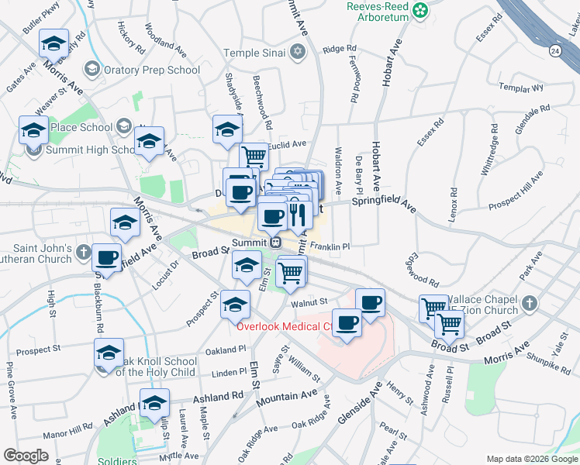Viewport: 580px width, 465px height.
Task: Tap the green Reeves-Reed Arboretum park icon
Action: point(419,10)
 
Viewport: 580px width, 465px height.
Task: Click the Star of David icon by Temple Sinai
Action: point(297,53)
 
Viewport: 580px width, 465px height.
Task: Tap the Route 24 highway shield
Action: point(554,50)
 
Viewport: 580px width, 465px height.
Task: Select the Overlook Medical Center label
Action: point(284,326)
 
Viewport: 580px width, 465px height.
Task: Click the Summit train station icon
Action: point(275,242)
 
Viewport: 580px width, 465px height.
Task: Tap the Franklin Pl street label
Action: point(330,246)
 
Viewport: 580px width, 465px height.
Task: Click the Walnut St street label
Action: point(311,302)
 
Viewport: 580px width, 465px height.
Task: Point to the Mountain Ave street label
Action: point(287,395)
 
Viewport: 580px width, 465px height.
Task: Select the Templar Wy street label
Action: point(522,87)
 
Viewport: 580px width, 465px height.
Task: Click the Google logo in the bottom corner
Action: point(26,456)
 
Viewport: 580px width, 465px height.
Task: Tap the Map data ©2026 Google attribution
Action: point(531,459)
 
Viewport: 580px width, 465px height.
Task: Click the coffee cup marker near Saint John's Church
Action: point(107,257)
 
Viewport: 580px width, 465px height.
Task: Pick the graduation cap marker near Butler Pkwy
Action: point(53,43)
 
